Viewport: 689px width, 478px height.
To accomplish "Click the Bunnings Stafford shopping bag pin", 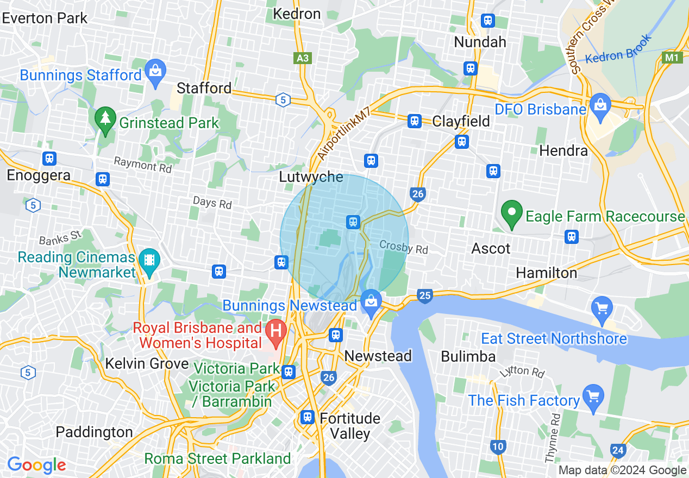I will point(155,73).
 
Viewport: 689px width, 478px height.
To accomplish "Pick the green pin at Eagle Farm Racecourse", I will point(511,213).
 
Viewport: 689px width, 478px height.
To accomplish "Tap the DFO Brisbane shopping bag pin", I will point(600,105).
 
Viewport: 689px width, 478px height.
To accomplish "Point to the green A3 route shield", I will point(303,58).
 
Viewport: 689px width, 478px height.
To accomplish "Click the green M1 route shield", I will point(673,57).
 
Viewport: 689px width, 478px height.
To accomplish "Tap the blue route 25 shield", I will point(425,295).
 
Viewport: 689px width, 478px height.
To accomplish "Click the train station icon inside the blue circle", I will point(353,221).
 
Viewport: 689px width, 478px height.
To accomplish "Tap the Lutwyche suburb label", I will point(311,177).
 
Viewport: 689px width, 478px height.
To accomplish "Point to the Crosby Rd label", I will point(404,248).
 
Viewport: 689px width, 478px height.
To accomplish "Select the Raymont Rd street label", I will point(142,165).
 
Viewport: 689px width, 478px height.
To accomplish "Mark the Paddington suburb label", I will point(95,432).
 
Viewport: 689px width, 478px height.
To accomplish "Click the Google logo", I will point(36,465).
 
